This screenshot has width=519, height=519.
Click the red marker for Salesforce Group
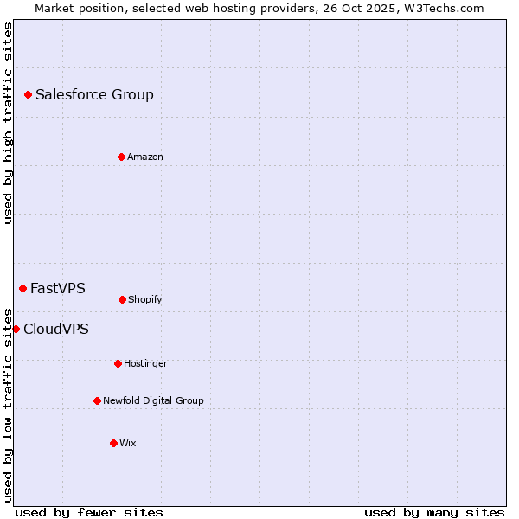(x=28, y=94)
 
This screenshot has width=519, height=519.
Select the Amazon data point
(x=121, y=157)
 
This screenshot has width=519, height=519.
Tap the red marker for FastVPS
(x=22, y=288)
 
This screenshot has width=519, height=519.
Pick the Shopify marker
(x=122, y=299)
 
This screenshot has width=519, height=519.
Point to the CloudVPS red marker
(x=16, y=329)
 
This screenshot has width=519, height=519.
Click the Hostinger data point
(x=118, y=363)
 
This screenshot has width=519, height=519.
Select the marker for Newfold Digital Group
(x=97, y=400)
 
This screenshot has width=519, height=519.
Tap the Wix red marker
(x=113, y=443)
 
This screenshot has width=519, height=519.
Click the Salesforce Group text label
(x=94, y=94)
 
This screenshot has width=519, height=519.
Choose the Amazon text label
(x=145, y=157)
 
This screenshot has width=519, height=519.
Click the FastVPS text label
(x=58, y=288)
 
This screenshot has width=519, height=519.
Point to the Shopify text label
(x=145, y=299)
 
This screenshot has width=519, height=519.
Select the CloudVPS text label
(x=56, y=329)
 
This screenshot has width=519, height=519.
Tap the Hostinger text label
(x=145, y=363)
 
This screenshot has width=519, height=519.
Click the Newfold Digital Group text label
(x=153, y=400)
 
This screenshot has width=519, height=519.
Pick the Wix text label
(x=128, y=443)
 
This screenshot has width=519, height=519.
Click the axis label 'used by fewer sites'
(x=89, y=512)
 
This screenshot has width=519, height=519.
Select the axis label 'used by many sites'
(x=434, y=512)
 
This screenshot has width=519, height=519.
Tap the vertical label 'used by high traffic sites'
(x=8, y=123)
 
